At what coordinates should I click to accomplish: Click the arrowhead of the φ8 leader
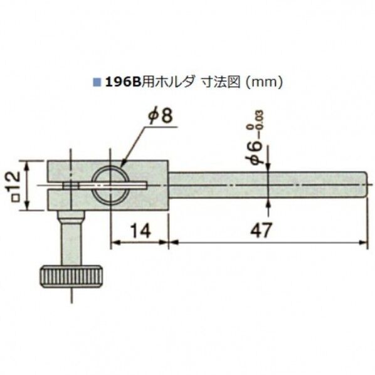pos(122,166)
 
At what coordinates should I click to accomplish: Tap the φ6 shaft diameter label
pos(255,153)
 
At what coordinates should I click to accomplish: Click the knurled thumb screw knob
pos(71,275)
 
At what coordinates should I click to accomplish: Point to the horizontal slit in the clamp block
pos(94,185)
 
